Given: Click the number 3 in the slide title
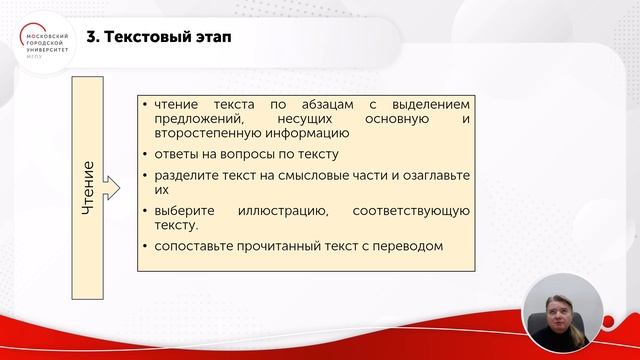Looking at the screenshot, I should (x=92, y=40).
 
